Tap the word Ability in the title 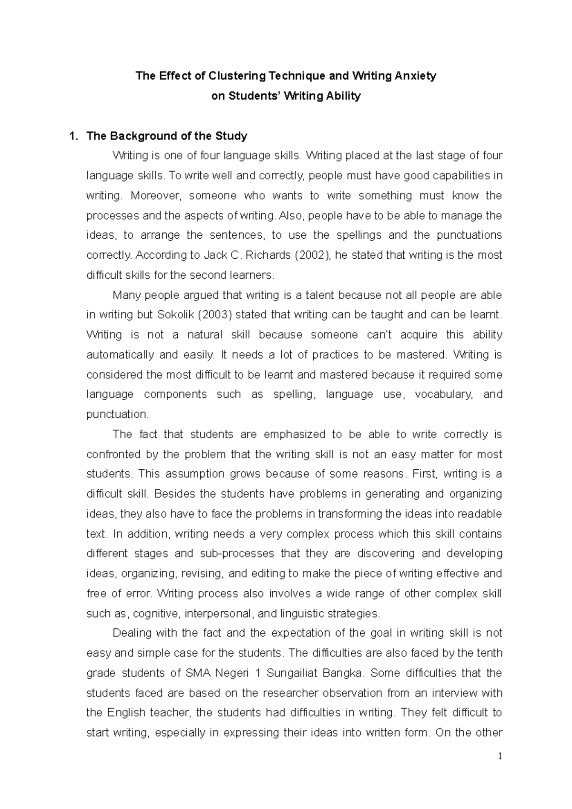pos(343,96)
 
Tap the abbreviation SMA pos(195,673)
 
